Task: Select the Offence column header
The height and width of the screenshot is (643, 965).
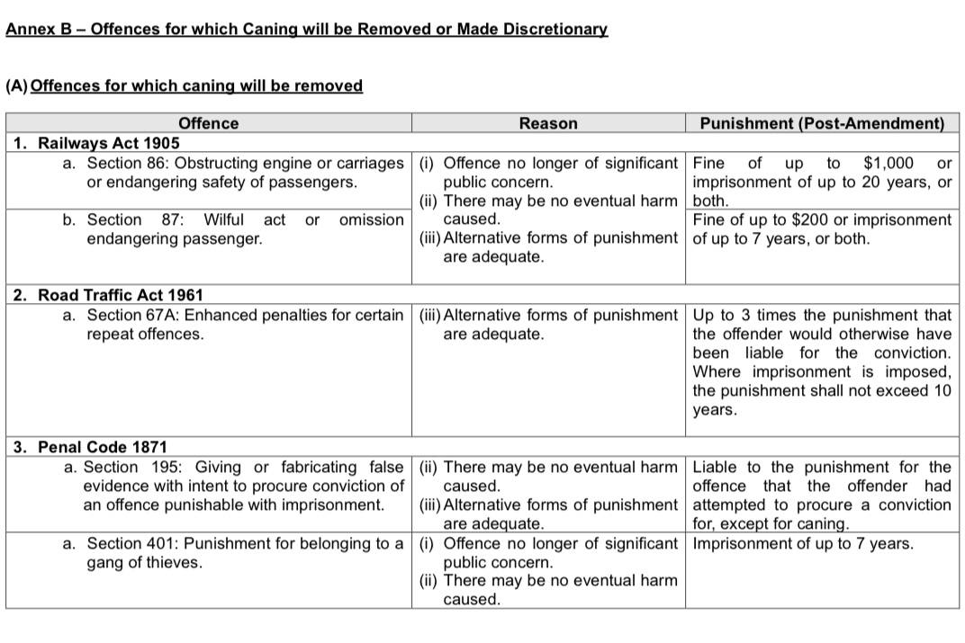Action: tap(208, 123)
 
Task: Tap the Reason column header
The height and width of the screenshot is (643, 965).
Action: tap(547, 123)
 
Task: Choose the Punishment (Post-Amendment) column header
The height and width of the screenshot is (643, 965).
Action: tap(822, 123)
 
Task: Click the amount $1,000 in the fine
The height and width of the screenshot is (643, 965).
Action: tap(888, 163)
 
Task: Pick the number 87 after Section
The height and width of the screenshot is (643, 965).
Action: tap(172, 219)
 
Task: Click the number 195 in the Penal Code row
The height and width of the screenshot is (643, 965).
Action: tap(168, 467)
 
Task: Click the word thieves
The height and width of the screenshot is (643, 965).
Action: tap(172, 562)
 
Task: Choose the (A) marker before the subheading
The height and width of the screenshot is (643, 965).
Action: tap(16, 86)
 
